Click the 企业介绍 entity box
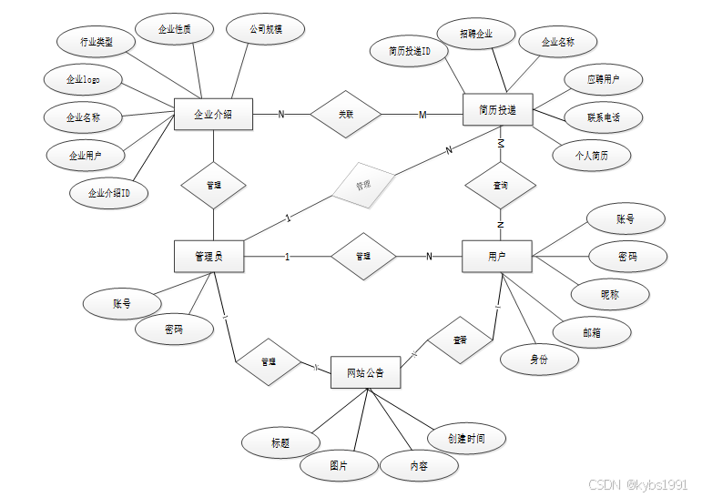213,114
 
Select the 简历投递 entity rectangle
498,110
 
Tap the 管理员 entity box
209,257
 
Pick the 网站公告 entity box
365,372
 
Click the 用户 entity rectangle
497,256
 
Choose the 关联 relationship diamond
345,114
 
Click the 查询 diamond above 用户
500,185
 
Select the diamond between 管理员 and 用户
363,257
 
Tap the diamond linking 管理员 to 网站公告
269,361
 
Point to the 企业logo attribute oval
83,80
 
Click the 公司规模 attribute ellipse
265,29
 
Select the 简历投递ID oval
410,52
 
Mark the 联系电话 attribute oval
604,117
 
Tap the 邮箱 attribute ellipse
592,332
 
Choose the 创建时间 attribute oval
466,439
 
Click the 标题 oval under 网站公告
280,443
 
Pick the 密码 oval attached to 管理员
174,330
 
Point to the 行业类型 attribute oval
97,42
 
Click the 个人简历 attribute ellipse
592,155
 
